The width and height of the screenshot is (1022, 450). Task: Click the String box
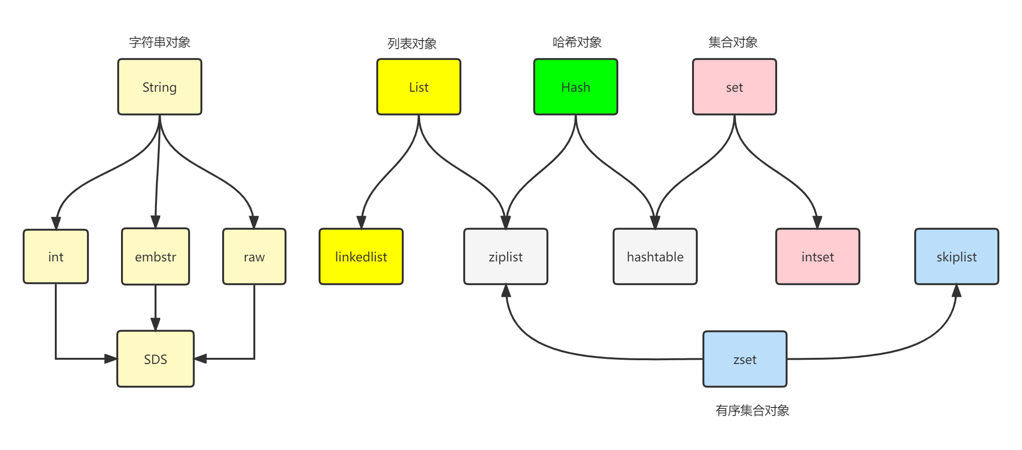coord(160,87)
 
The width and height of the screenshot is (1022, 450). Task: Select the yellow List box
coord(419,87)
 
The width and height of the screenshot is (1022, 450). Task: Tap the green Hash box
coord(576,87)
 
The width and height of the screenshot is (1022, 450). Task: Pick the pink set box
coord(735,87)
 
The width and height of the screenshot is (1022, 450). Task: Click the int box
coord(56,257)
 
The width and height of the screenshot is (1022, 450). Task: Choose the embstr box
coord(156,257)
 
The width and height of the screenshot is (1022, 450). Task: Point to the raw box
coord(254,257)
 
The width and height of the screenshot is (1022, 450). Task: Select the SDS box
coord(156,359)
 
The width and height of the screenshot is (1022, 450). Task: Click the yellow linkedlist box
coord(361,257)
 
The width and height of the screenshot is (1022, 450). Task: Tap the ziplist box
coord(506,257)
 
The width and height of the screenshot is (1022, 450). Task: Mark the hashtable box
coord(655,257)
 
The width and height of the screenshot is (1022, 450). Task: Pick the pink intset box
coord(818,257)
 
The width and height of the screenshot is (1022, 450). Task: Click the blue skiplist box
coord(957,257)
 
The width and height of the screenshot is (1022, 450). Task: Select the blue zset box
coord(745,359)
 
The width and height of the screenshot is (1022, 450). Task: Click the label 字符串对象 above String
coord(160,43)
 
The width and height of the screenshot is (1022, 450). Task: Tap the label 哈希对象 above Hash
coord(577,43)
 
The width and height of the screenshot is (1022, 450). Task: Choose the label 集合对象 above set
coord(733,43)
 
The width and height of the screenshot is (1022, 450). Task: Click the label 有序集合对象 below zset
coord(752,410)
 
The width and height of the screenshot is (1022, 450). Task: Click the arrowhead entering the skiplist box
coord(956,291)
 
